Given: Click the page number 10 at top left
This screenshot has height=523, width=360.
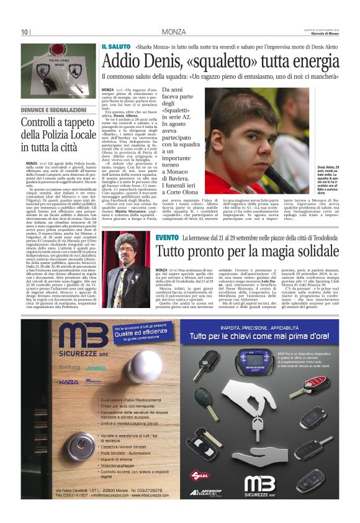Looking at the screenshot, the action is coord(25,32).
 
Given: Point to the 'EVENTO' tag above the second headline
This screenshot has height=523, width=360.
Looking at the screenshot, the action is coord(167,239).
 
